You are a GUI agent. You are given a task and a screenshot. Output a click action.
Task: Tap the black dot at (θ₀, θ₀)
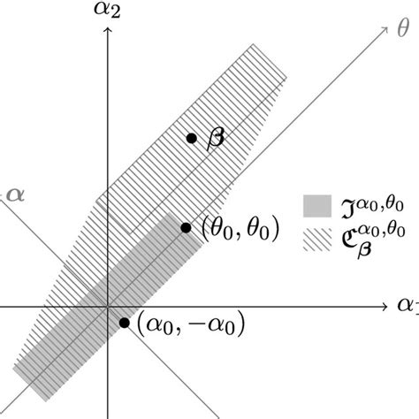[x=186, y=228]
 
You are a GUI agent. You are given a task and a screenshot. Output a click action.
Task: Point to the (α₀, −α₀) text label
[x=191, y=325]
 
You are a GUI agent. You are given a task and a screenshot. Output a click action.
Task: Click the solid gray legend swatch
[x=316, y=206]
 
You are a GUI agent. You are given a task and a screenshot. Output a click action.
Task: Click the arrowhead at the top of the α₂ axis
[x=107, y=32]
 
